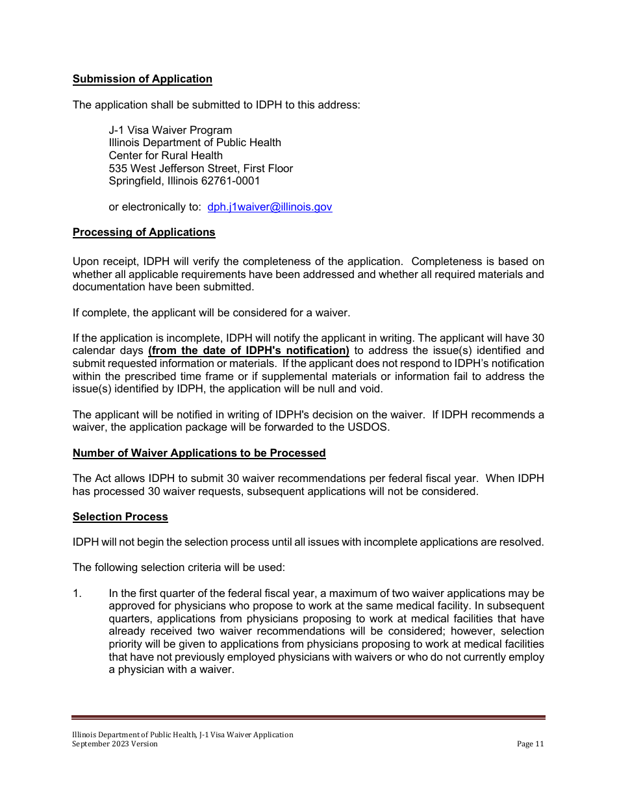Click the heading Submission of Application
[x=142, y=79]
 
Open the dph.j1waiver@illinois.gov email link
[x=270, y=207]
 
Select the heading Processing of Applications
[x=144, y=233]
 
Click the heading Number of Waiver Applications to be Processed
[x=199, y=453]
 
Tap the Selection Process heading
[x=120, y=517]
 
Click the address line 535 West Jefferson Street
[x=200, y=169]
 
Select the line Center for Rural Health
[x=166, y=156]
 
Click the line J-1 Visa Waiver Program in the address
[x=170, y=131]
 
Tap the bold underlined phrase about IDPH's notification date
[x=249, y=351]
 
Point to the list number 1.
[x=77, y=594]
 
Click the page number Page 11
[x=530, y=744]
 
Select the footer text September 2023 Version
[x=115, y=744]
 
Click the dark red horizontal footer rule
[x=308, y=717]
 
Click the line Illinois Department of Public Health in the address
[x=195, y=143]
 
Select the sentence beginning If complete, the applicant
[x=211, y=313]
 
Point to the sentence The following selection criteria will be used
[x=179, y=568]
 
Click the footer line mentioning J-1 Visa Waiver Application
[x=183, y=735]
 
